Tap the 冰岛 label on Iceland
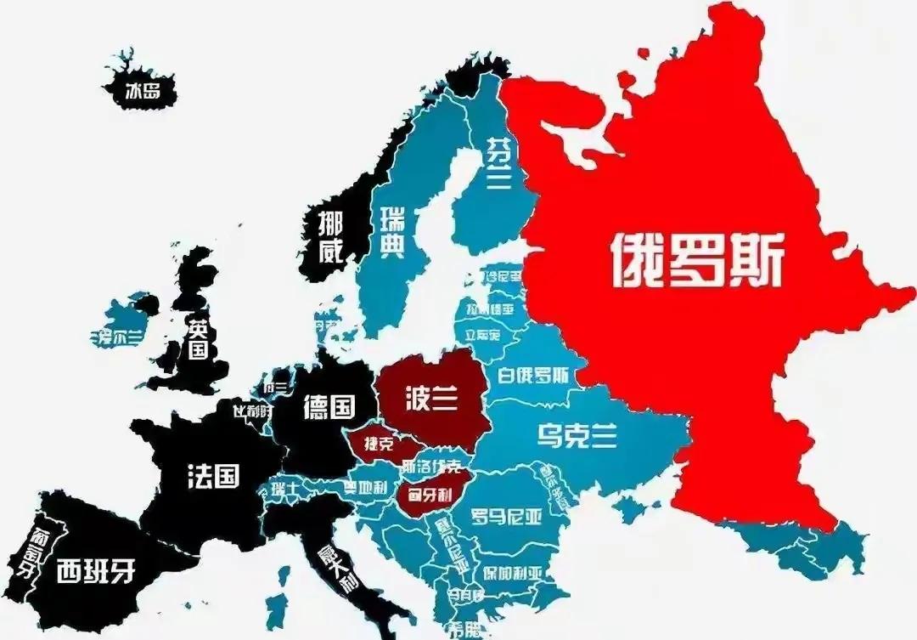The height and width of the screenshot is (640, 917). [x=142, y=90]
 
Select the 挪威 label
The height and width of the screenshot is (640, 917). [x=330, y=237]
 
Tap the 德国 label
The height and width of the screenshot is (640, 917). [x=328, y=407]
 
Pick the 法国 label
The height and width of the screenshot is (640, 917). [x=212, y=476]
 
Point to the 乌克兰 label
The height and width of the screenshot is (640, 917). [x=577, y=436]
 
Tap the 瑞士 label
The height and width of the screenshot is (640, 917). [x=285, y=487]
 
